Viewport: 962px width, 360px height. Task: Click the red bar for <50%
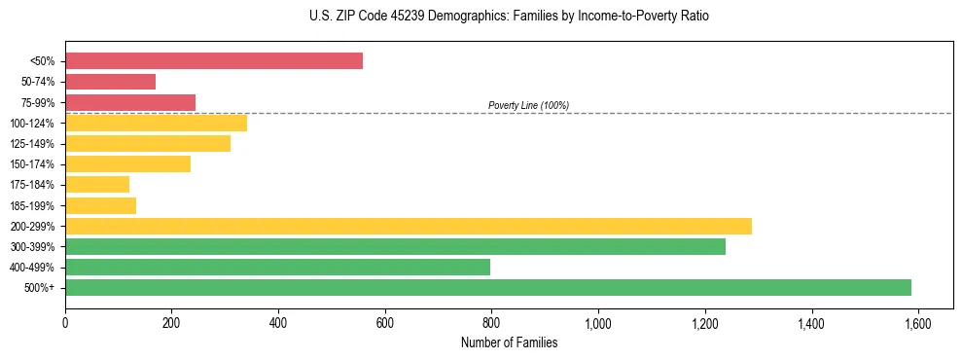click(214, 61)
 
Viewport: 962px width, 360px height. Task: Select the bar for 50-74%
click(111, 82)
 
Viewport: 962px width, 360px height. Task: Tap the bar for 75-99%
click(130, 102)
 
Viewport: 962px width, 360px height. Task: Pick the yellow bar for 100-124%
click(156, 123)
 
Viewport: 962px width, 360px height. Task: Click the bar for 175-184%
click(97, 184)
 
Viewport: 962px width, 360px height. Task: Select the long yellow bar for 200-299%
click(409, 226)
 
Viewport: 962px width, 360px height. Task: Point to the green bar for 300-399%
click(395, 246)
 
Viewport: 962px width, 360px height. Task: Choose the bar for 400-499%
click(277, 267)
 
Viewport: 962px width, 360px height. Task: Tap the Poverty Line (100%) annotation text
click(528, 105)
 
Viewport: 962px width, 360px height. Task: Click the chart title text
click(509, 17)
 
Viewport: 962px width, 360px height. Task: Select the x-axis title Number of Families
click(509, 342)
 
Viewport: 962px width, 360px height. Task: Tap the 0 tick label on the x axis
click(65, 322)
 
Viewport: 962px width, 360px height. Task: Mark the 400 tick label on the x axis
click(278, 322)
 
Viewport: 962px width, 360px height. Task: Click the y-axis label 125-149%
click(32, 144)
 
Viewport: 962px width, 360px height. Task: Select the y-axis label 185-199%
click(32, 205)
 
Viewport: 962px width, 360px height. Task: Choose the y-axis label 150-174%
click(32, 164)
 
